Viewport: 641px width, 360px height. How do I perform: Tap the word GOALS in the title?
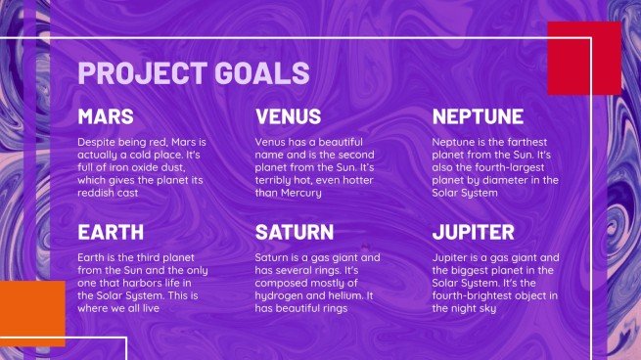point(262,72)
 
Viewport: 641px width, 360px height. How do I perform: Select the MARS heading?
point(106,116)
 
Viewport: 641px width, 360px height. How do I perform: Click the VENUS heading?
point(288,116)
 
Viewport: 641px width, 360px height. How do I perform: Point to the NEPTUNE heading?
point(478,116)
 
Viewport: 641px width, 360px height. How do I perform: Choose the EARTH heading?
point(111,232)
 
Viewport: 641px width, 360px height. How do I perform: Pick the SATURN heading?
point(295,232)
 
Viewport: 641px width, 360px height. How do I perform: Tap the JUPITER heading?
point(473,232)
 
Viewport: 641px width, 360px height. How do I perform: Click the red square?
point(584,59)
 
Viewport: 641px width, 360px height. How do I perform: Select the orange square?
point(32,313)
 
